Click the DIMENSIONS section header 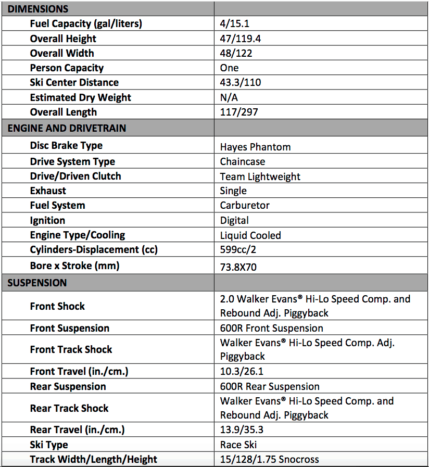pos(38,9)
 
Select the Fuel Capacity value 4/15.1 pos(235,24)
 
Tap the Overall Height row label pos(63,39)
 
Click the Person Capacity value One pos(229,68)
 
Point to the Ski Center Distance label pos(74,82)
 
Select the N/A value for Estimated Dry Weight pos(229,97)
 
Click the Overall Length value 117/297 pos(239,112)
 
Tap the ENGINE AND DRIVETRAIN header pos(67,128)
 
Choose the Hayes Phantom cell pos(255,147)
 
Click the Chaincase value pos(242,161)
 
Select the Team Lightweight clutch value pos(260,176)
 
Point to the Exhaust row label pos(48,191)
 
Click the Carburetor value pos(245,205)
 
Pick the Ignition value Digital pos(234,220)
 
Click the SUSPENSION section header pos(37,283)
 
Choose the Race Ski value pos(238,445)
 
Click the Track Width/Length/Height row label pos(94,459)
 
